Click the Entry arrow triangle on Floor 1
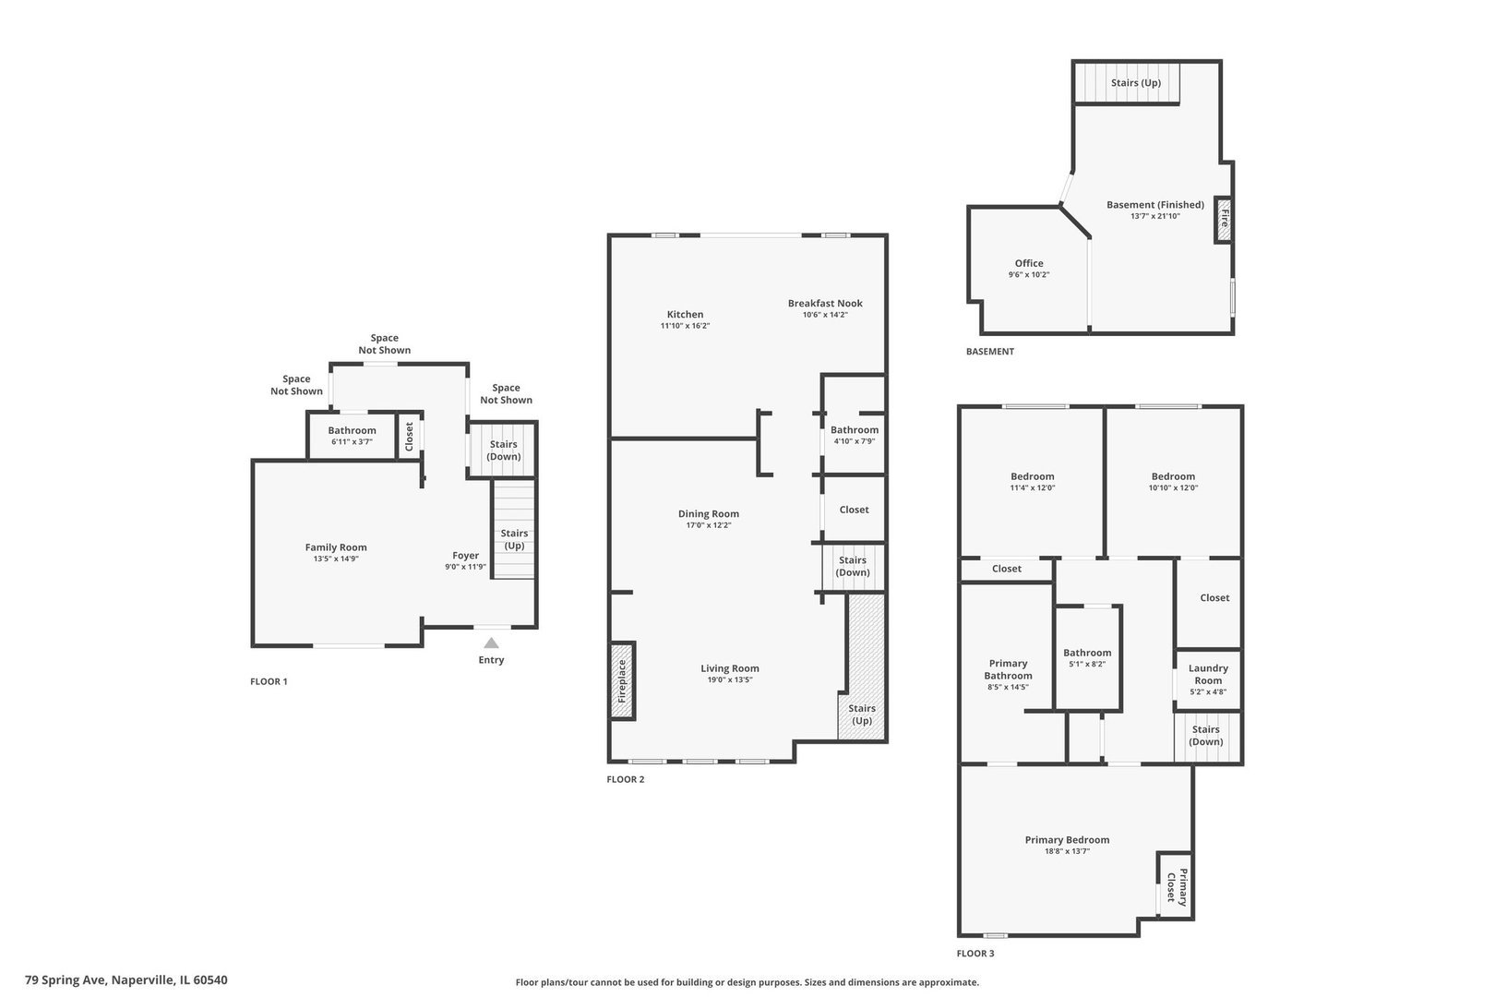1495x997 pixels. click(491, 643)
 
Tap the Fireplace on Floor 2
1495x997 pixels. click(622, 680)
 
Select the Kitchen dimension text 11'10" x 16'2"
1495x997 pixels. click(685, 326)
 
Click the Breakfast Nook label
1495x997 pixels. click(825, 303)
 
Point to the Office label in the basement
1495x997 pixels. click(1028, 263)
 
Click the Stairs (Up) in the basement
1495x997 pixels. click(1127, 83)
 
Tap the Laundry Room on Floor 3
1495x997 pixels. click(1208, 679)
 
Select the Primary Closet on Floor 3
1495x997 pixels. click(1175, 886)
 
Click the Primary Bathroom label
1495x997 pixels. click(1008, 669)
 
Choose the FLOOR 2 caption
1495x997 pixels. click(626, 779)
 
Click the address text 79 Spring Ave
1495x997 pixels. click(66, 980)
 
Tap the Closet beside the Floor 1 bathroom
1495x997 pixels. click(409, 436)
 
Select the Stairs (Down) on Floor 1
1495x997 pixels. click(503, 450)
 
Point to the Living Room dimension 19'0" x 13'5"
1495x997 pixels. click(729, 679)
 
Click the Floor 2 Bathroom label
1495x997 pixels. click(855, 430)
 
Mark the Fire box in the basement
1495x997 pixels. click(1223, 219)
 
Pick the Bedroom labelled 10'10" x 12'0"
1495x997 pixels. click(1173, 482)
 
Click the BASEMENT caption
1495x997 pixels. click(990, 351)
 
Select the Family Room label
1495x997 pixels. click(336, 547)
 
